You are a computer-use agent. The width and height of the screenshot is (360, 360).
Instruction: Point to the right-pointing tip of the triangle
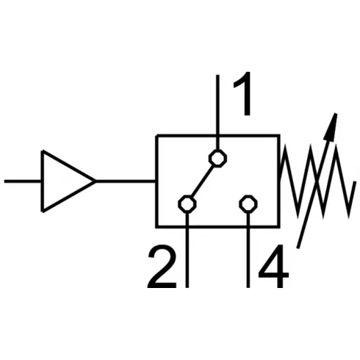(x=95, y=181)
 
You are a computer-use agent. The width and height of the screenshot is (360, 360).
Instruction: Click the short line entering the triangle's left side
(x=22, y=181)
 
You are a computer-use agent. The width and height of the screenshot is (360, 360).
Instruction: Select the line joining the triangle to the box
(x=126, y=181)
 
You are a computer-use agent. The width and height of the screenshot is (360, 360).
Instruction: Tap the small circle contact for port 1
(x=217, y=158)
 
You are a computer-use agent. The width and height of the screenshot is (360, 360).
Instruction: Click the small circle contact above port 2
(x=188, y=204)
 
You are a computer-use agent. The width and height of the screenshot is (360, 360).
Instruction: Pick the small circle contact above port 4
(x=249, y=204)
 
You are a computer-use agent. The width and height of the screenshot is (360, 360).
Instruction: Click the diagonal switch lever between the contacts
(x=203, y=181)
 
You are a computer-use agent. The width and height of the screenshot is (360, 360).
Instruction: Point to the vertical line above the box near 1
(x=217, y=103)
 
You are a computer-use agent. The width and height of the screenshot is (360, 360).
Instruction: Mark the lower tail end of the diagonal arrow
(x=299, y=246)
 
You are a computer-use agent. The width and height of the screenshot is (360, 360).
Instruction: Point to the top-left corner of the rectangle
(x=156, y=136)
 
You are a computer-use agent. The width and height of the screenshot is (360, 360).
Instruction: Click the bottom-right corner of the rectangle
(x=279, y=226)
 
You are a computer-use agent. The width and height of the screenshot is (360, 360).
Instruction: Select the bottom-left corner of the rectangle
(x=156, y=226)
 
